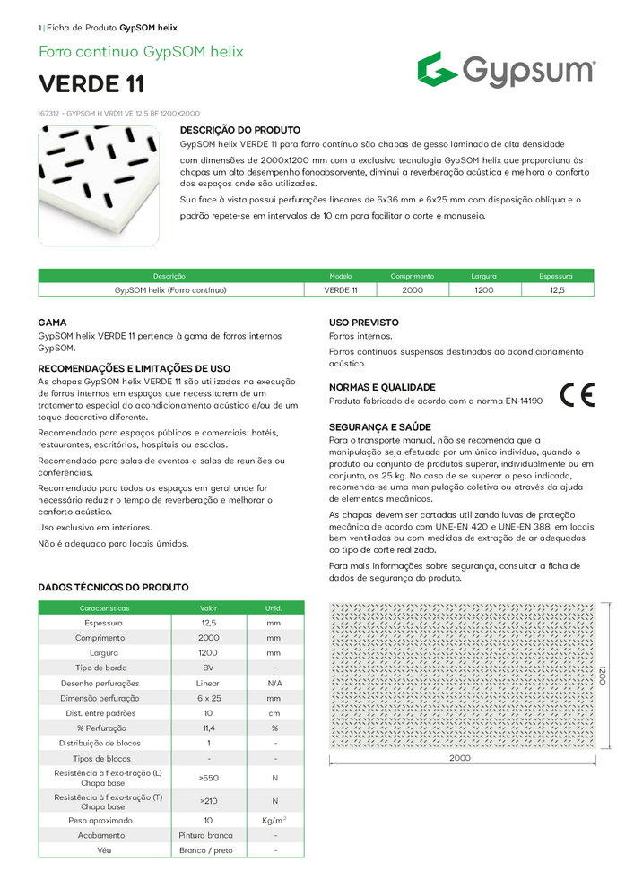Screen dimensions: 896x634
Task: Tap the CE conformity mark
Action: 577,395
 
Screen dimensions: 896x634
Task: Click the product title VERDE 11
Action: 91,84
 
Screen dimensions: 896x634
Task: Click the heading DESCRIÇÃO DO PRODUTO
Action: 241,130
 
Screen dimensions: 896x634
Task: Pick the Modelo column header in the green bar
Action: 341,276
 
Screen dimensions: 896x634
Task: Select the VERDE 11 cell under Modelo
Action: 341,290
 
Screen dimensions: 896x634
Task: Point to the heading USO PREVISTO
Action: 364,322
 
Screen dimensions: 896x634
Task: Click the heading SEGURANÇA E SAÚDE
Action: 380,426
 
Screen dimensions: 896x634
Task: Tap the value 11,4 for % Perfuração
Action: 208,728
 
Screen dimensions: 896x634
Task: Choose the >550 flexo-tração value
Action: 208,778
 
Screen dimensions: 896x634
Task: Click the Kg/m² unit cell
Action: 274,820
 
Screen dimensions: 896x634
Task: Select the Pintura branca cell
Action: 208,835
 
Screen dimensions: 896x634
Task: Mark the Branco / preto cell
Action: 208,850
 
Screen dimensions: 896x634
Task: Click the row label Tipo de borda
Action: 105,668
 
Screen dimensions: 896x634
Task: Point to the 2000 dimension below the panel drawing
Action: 460,758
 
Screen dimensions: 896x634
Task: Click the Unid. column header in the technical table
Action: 274,607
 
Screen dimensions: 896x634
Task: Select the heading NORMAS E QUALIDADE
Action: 382,387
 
